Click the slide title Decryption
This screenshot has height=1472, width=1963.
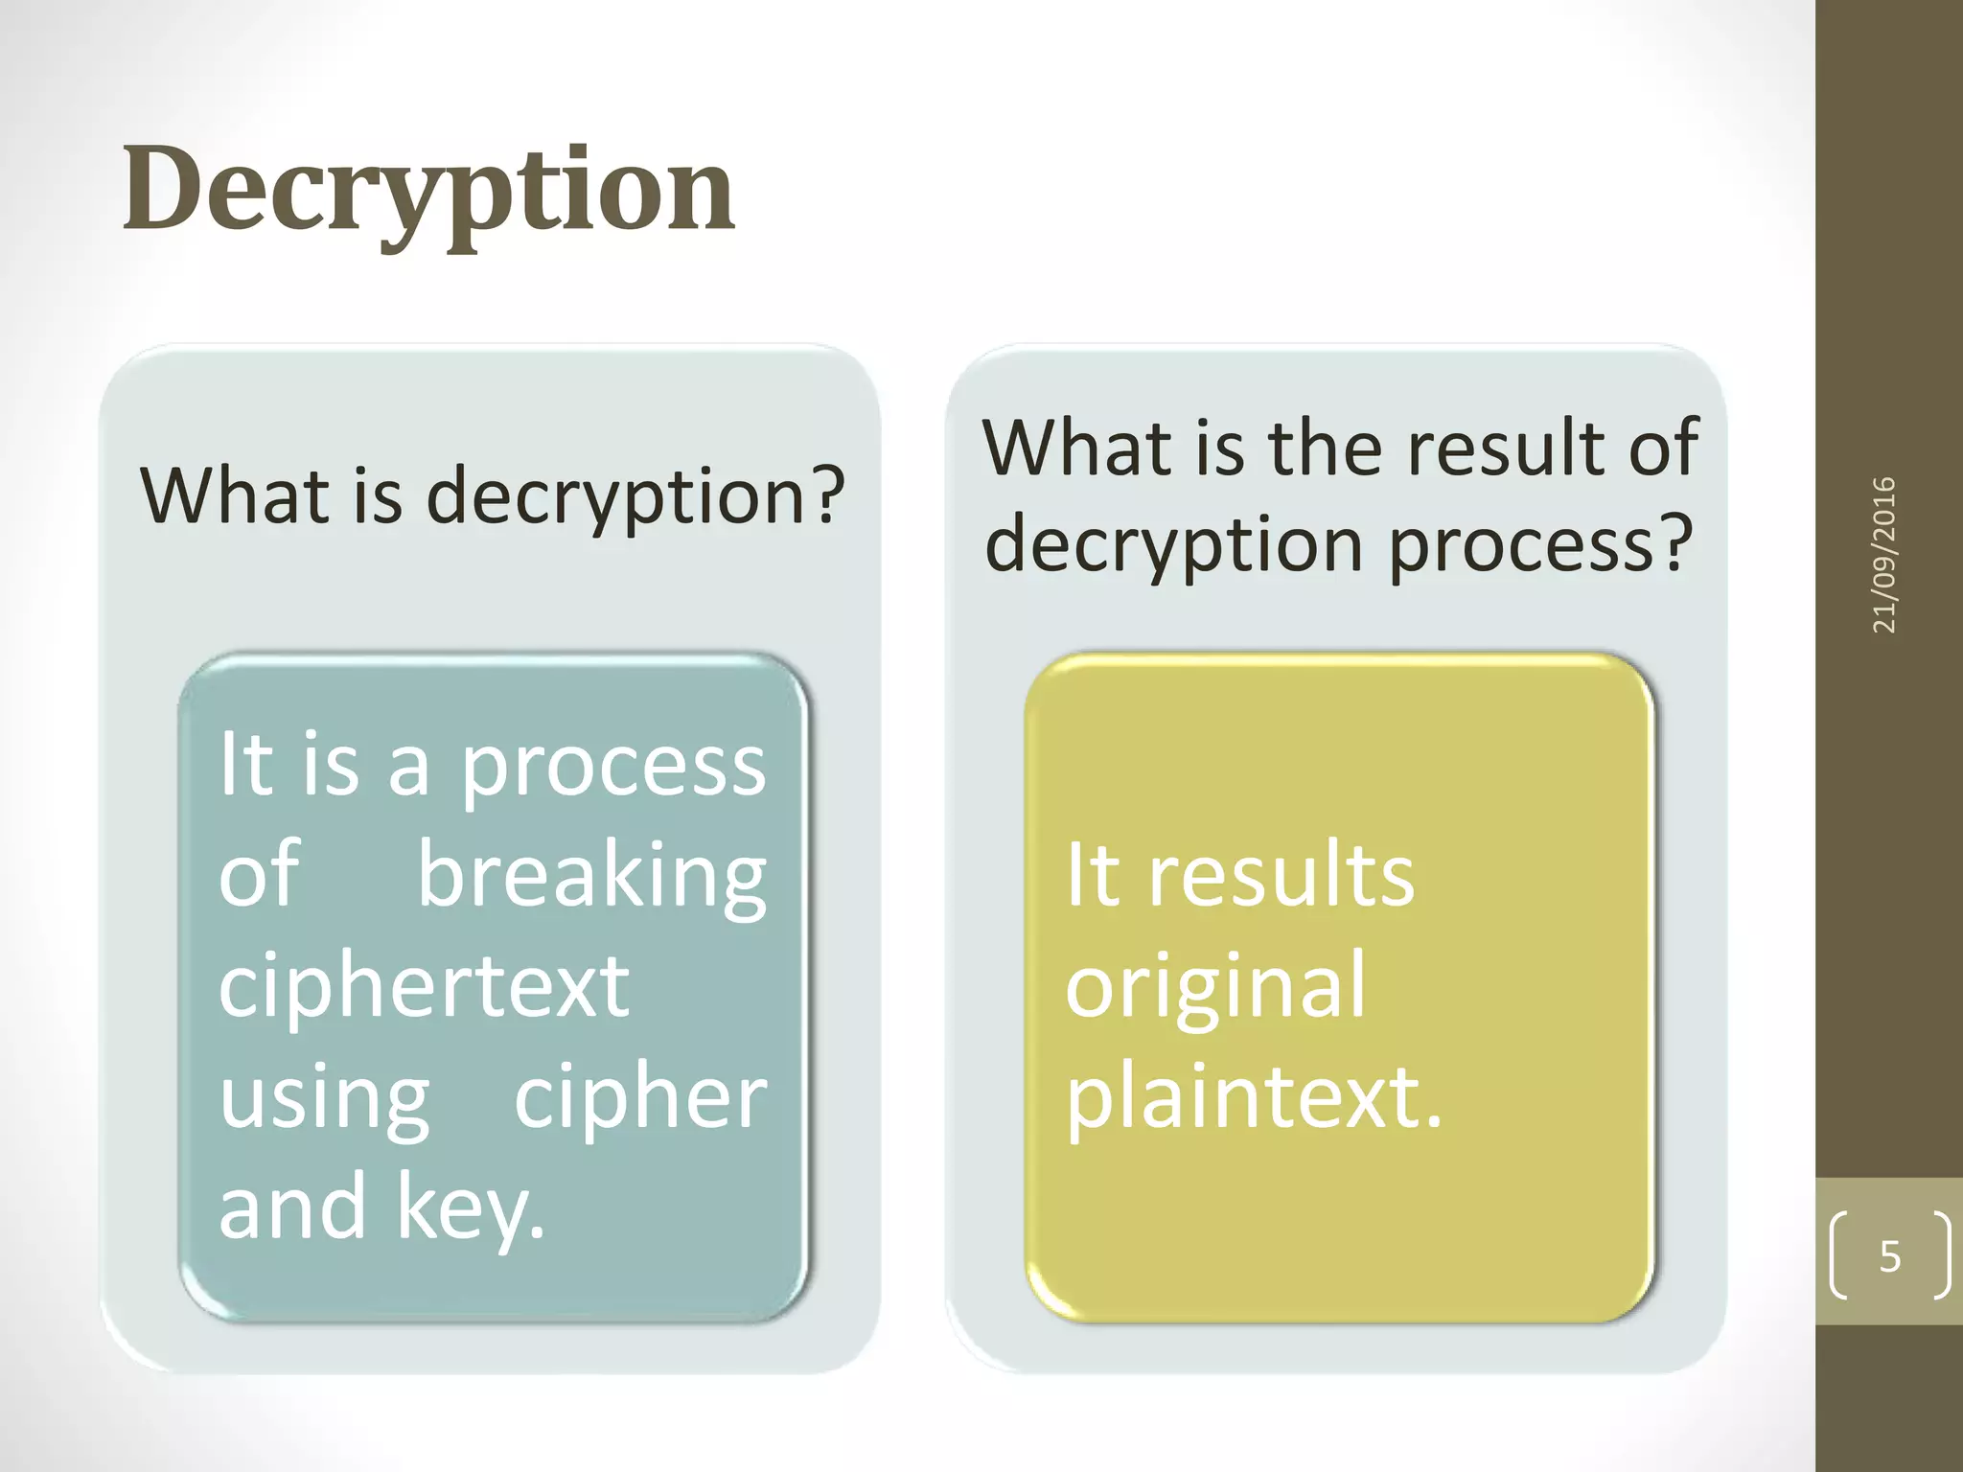428,190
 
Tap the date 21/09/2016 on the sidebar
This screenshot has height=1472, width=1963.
1883,554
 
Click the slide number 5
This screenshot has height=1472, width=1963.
1889,1255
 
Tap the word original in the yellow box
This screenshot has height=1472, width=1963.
1215,987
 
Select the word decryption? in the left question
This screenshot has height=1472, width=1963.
635,496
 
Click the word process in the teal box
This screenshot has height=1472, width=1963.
613,767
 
